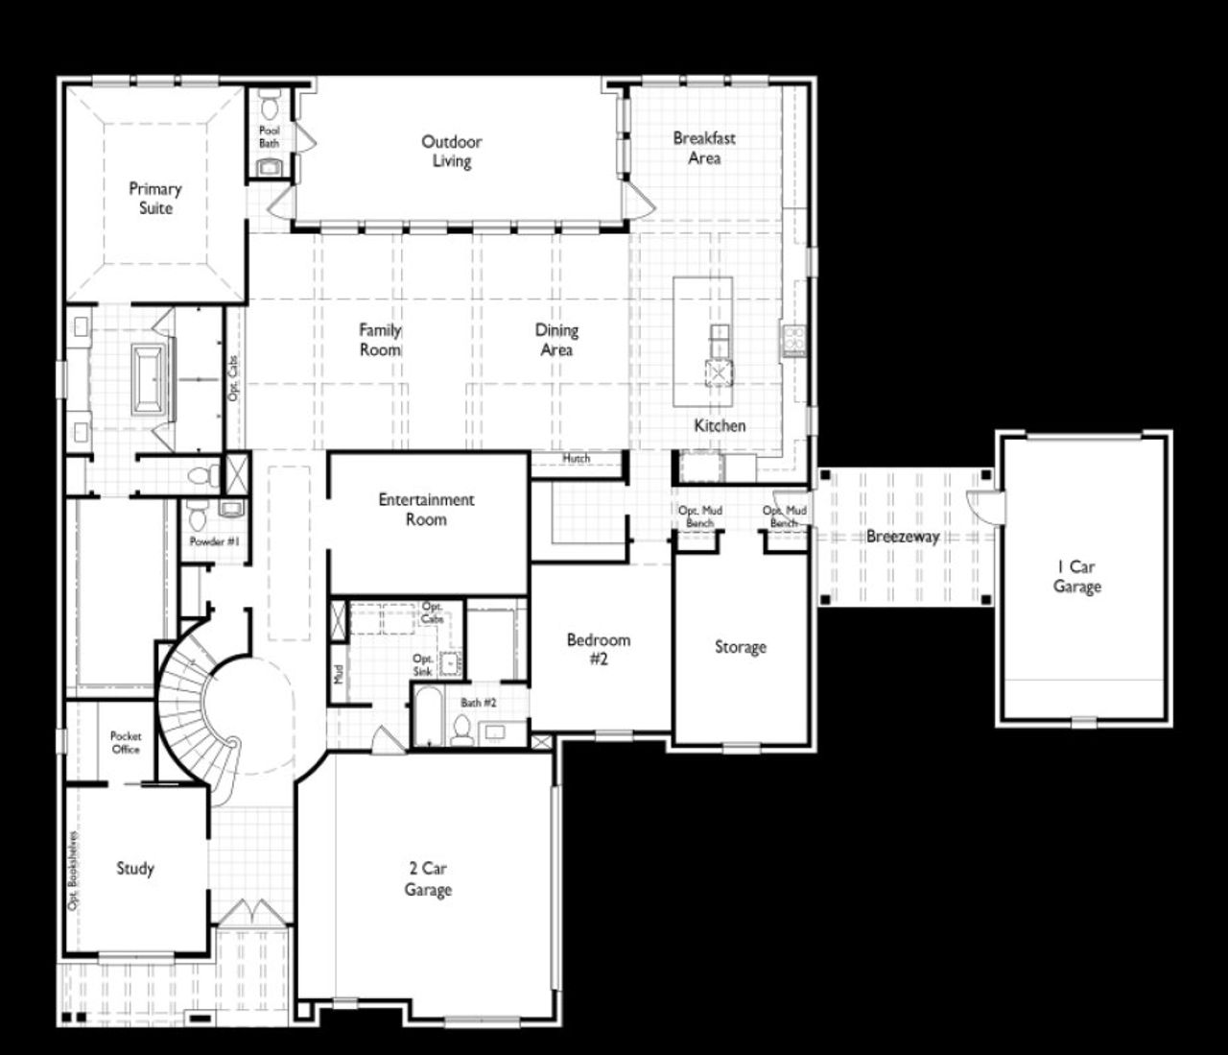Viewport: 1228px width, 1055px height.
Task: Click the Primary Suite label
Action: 154,199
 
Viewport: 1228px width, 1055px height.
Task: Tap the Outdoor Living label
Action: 451,152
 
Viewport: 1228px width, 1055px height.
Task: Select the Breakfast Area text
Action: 704,148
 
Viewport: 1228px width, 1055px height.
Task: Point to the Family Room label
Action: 380,340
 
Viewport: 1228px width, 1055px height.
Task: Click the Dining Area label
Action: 556,340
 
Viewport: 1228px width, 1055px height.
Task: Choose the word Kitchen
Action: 720,425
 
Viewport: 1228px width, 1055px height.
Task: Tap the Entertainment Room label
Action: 426,510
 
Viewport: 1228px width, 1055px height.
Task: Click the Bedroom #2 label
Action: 599,649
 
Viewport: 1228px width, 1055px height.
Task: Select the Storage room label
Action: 741,647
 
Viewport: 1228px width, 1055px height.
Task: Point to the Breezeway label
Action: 903,537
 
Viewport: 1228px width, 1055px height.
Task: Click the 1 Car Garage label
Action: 1076,577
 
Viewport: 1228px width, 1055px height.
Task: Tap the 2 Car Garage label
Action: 427,879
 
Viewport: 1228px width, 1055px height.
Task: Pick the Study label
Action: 135,869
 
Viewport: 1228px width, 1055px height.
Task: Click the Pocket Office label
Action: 126,742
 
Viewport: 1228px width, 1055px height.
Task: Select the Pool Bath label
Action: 270,136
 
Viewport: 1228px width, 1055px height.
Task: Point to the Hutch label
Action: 576,459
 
